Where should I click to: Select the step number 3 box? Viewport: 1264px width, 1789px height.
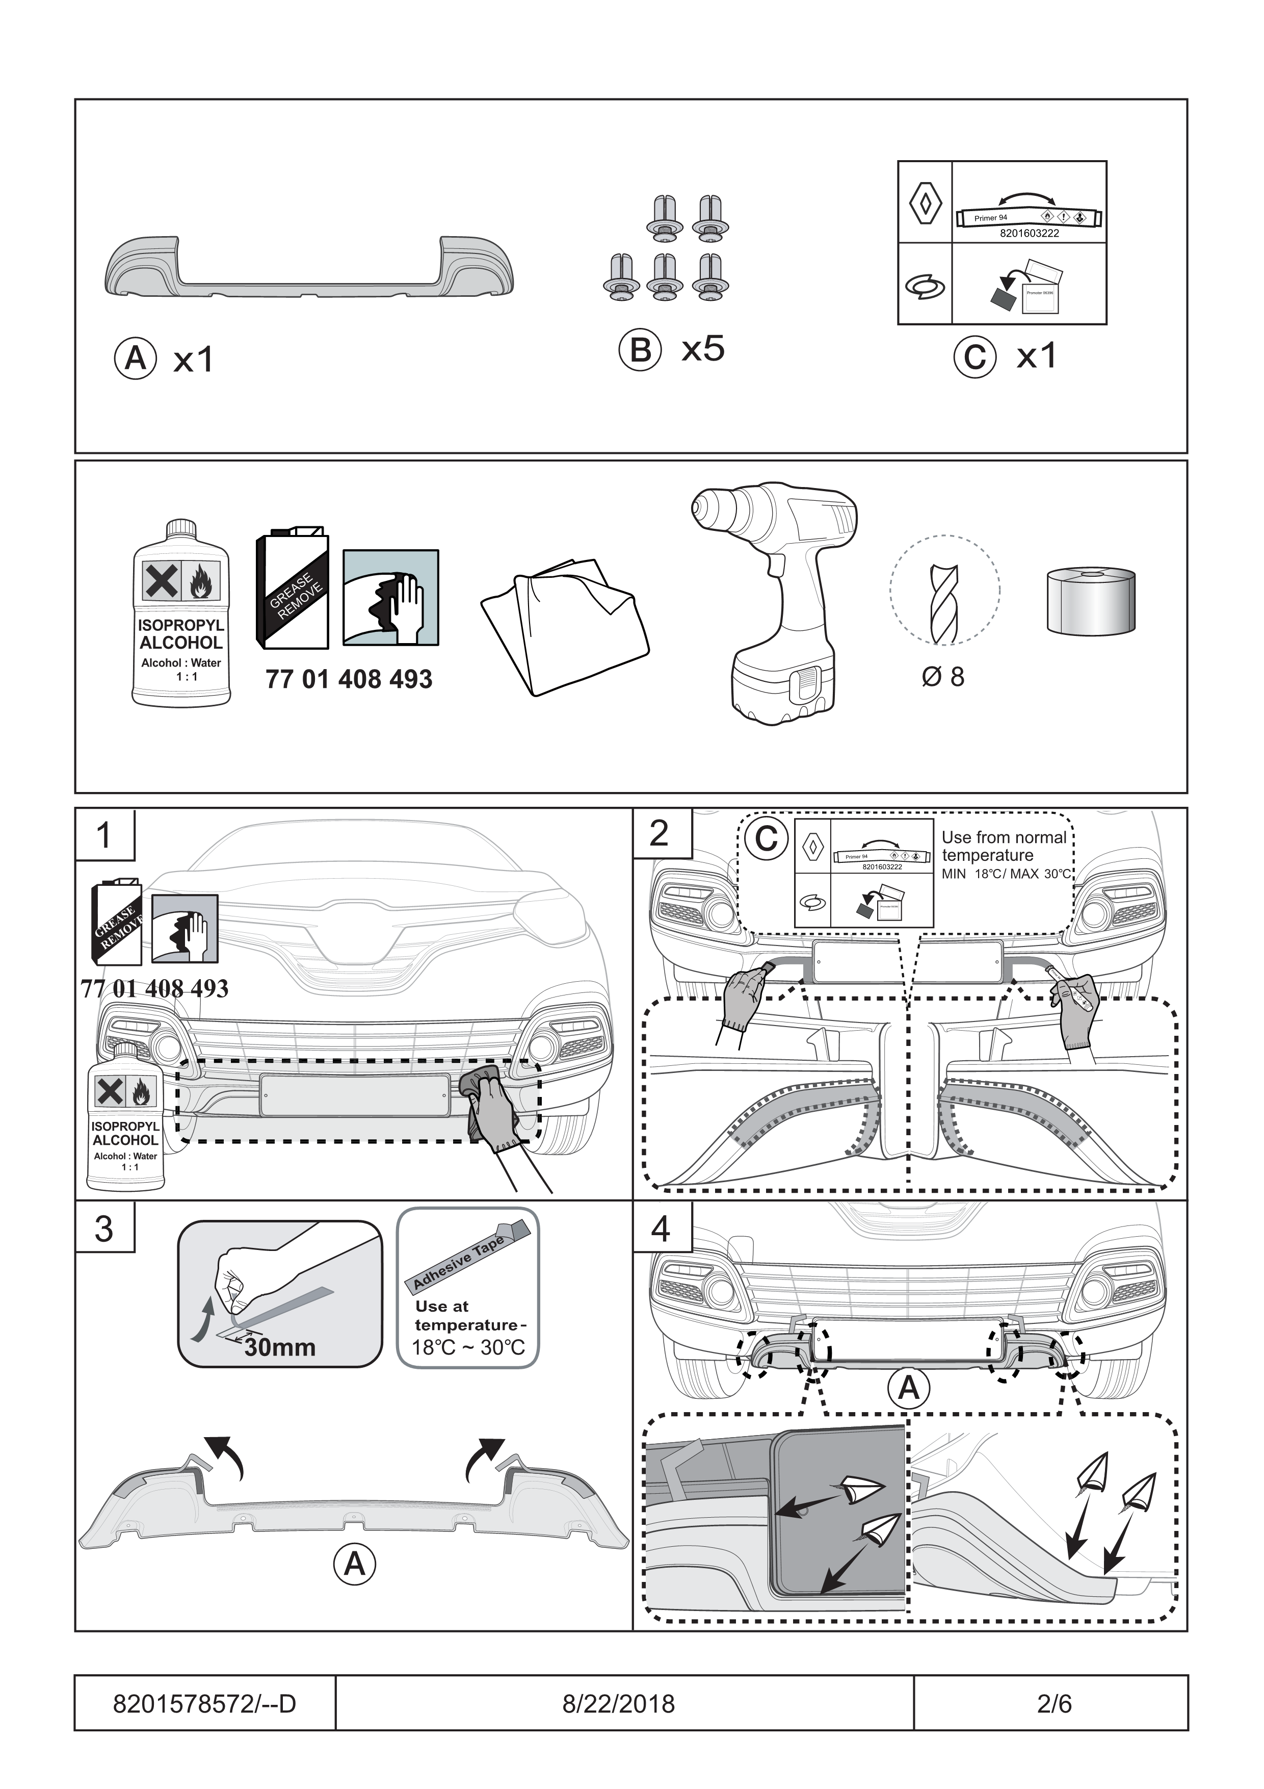104,1228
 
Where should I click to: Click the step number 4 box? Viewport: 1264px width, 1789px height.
661,1229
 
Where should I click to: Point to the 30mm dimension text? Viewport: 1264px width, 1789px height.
280,1347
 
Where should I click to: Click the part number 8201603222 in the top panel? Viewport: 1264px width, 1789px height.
1029,233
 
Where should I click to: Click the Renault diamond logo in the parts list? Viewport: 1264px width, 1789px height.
925,202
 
